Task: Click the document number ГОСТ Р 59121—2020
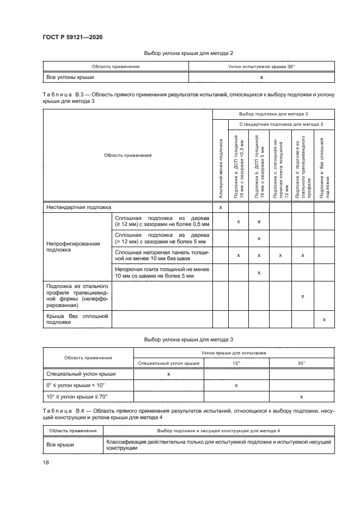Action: click(72, 36)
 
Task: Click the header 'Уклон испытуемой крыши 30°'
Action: click(261, 66)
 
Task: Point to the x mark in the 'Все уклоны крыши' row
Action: click(261, 77)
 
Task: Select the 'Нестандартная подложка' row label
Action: click(71, 207)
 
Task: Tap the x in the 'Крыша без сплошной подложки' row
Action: click(324, 320)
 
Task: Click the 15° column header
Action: click(236, 363)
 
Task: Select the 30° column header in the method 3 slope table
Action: click(301, 363)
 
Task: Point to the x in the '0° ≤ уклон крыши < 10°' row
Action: click(236, 385)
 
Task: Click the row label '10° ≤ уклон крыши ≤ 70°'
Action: click(77, 397)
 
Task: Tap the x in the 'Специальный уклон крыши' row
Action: click(168, 374)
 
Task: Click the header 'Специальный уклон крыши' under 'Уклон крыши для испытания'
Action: click(168, 363)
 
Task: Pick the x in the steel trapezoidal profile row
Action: click(302, 296)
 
